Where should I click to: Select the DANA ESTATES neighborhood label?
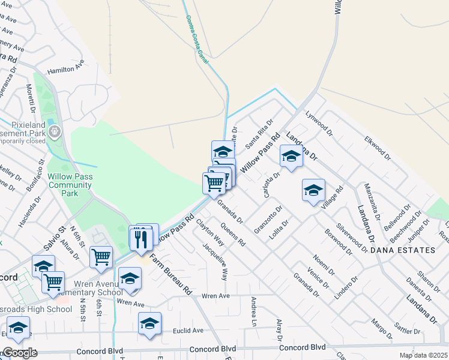[x=402, y=250]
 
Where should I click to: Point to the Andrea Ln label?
[x=254, y=311]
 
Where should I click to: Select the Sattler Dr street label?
[x=408, y=331]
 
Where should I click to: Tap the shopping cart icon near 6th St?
[x=101, y=257]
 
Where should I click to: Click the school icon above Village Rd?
[x=313, y=190]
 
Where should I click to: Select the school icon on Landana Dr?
[x=291, y=157]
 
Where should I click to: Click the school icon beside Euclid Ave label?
[x=149, y=323]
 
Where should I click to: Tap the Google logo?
[x=20, y=353]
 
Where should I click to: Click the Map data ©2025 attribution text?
[x=422, y=355]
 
